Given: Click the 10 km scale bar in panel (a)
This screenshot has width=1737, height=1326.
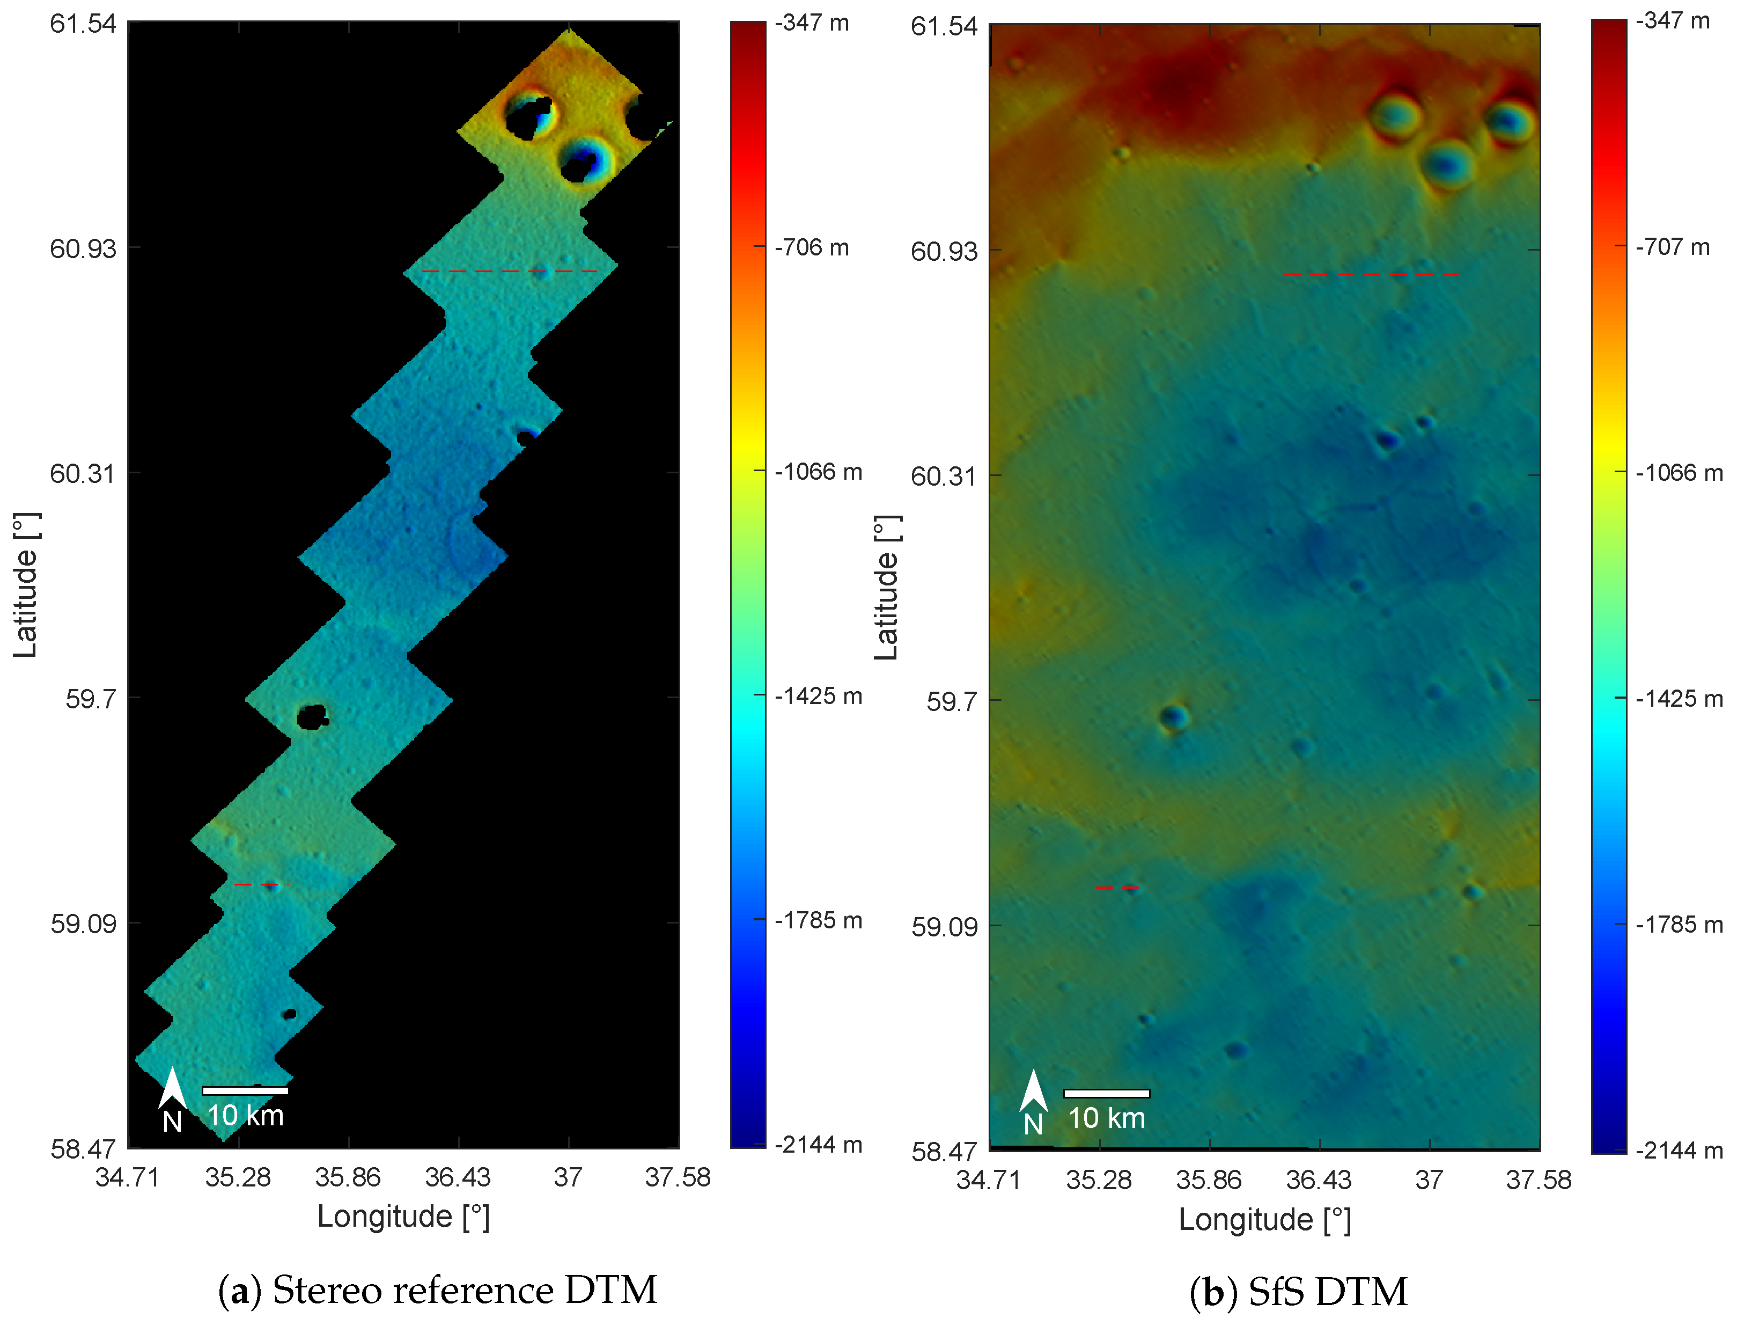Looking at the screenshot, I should point(245,1091).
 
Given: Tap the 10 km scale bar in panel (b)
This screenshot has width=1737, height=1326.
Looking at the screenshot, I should point(1106,1093).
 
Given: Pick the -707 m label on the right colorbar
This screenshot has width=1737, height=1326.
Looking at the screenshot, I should point(1672,247).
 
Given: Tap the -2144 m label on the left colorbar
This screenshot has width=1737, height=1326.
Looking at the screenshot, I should point(818,1145).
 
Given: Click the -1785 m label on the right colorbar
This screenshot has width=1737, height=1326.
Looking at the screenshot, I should point(1679,924).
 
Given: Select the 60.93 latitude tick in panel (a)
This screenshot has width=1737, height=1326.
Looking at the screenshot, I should point(83,248).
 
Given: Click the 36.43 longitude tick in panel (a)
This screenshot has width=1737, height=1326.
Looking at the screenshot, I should point(458,1177).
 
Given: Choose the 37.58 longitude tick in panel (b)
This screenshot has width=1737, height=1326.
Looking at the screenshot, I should point(1538,1180).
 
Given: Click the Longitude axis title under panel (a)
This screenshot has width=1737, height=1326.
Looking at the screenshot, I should point(403,1217).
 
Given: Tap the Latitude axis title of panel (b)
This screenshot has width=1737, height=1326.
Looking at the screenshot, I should point(887,588).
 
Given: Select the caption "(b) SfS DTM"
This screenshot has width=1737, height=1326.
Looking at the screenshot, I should point(1298,1292).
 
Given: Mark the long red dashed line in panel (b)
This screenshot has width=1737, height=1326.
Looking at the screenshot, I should point(1371,275).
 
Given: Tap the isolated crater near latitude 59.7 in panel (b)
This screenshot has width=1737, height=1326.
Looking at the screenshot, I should point(1173,717).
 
